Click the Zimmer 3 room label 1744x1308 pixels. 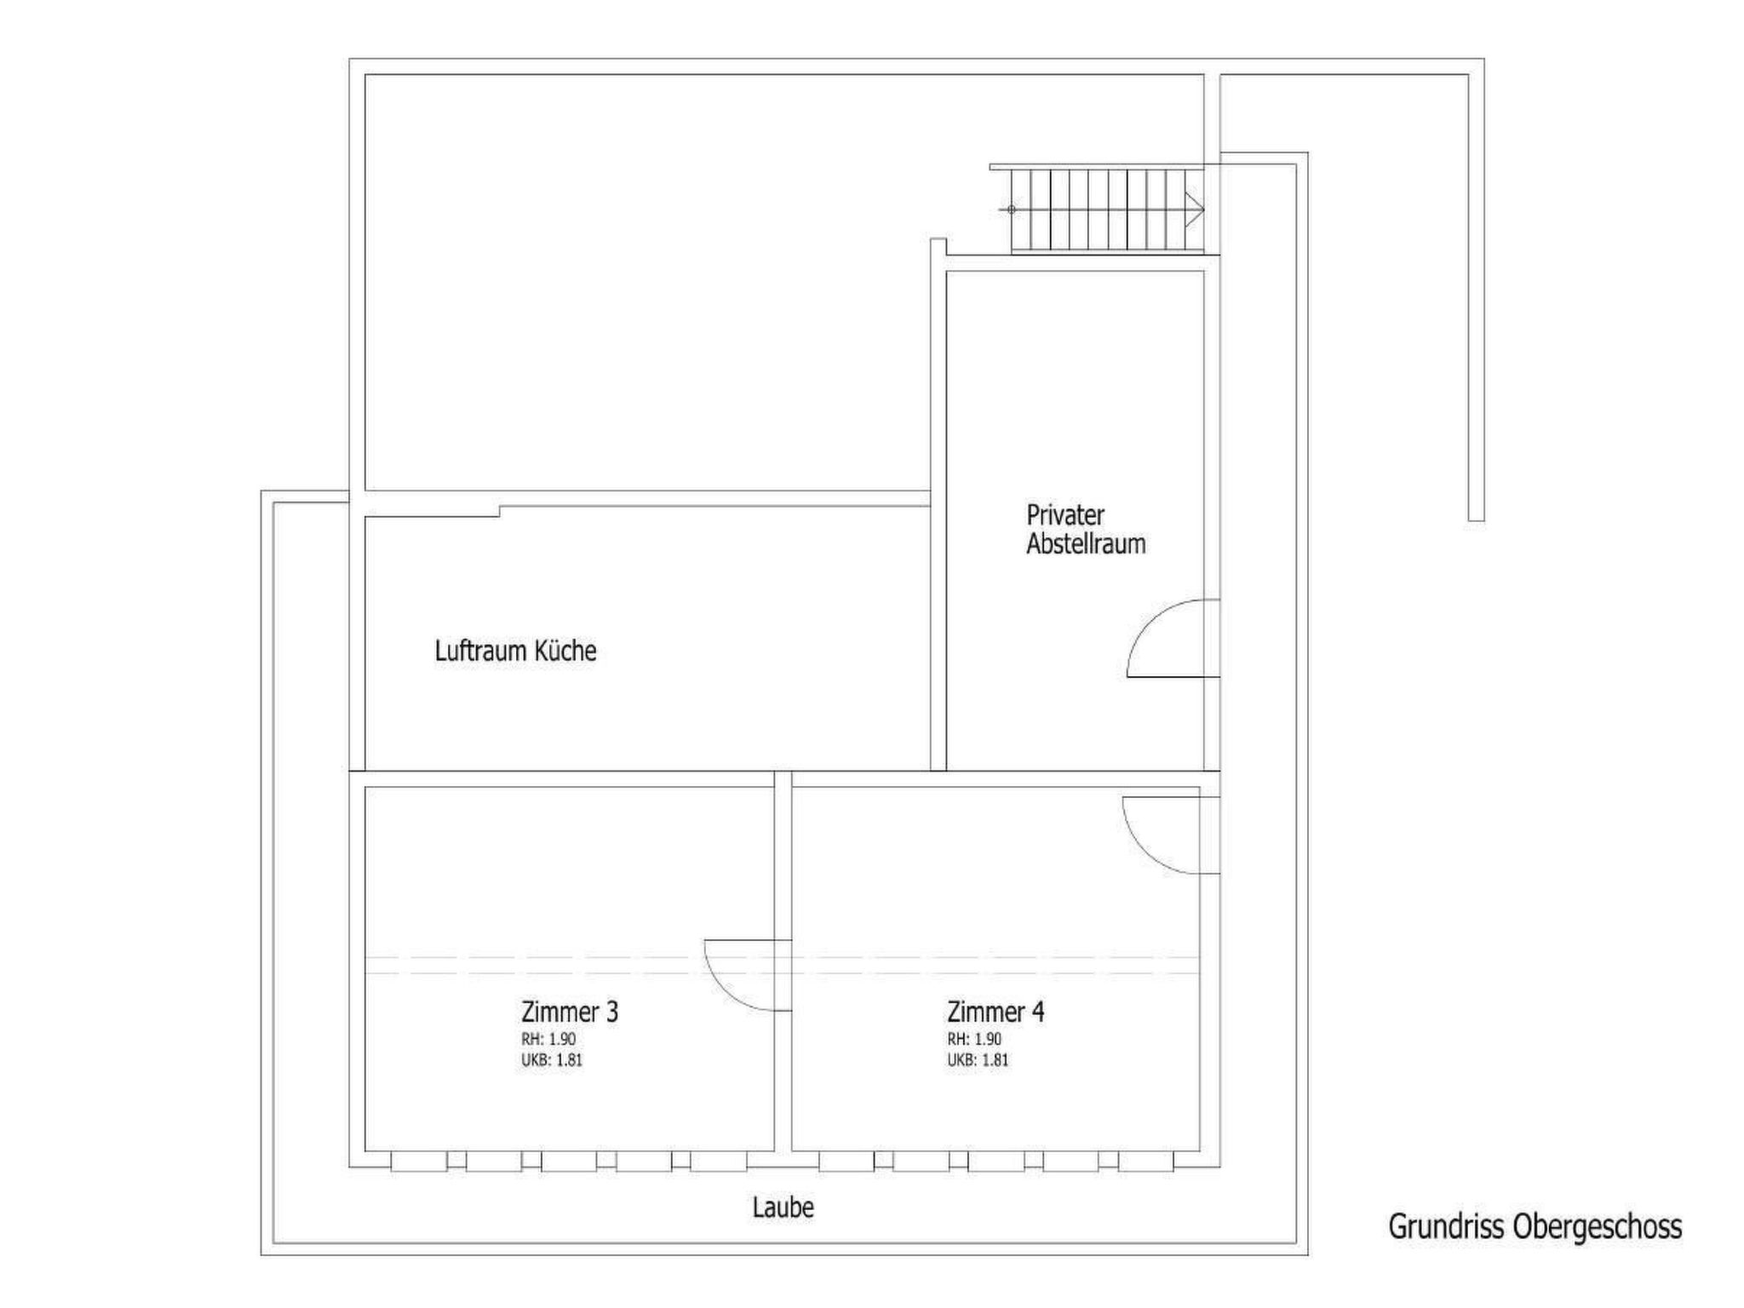(570, 1012)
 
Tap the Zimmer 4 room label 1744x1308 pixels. (995, 1012)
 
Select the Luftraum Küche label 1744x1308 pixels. (515, 651)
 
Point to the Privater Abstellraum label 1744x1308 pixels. (1086, 529)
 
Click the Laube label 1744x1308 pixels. (783, 1208)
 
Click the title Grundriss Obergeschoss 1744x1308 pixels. (1535, 1227)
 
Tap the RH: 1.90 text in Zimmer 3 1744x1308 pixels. (548, 1039)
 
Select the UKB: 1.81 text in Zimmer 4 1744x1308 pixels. (978, 1060)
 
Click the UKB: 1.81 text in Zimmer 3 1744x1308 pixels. (552, 1060)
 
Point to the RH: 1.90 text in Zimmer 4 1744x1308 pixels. (974, 1039)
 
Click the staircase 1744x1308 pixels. (1107, 209)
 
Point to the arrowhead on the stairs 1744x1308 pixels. (1195, 209)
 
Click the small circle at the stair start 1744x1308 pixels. (1012, 209)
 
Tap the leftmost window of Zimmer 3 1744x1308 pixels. (419, 1161)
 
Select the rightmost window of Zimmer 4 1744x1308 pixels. (1146, 1161)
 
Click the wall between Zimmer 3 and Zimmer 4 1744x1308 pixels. (783, 962)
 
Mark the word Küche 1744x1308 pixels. (565, 651)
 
